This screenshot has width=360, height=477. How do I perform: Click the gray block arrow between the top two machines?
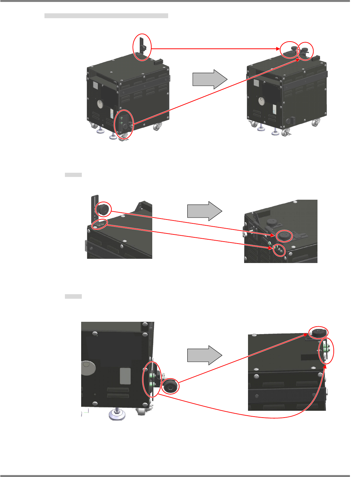pos(209,79)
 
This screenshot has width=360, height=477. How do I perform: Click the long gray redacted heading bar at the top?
pos(106,16)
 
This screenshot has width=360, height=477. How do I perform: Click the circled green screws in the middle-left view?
pos(100,224)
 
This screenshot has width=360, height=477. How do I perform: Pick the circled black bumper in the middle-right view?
pos(284,235)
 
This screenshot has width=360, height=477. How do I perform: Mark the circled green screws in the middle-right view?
pos(279,250)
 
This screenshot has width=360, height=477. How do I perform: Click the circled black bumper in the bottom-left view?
pos(170,386)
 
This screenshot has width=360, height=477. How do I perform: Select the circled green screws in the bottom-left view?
pos(152,379)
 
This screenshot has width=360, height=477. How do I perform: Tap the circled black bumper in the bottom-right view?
pos(318,332)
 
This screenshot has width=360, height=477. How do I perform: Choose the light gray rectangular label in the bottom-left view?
pos(125,376)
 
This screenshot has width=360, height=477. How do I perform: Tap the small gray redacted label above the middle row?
pos(73,175)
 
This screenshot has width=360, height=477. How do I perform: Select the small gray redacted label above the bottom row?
pos(73,296)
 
